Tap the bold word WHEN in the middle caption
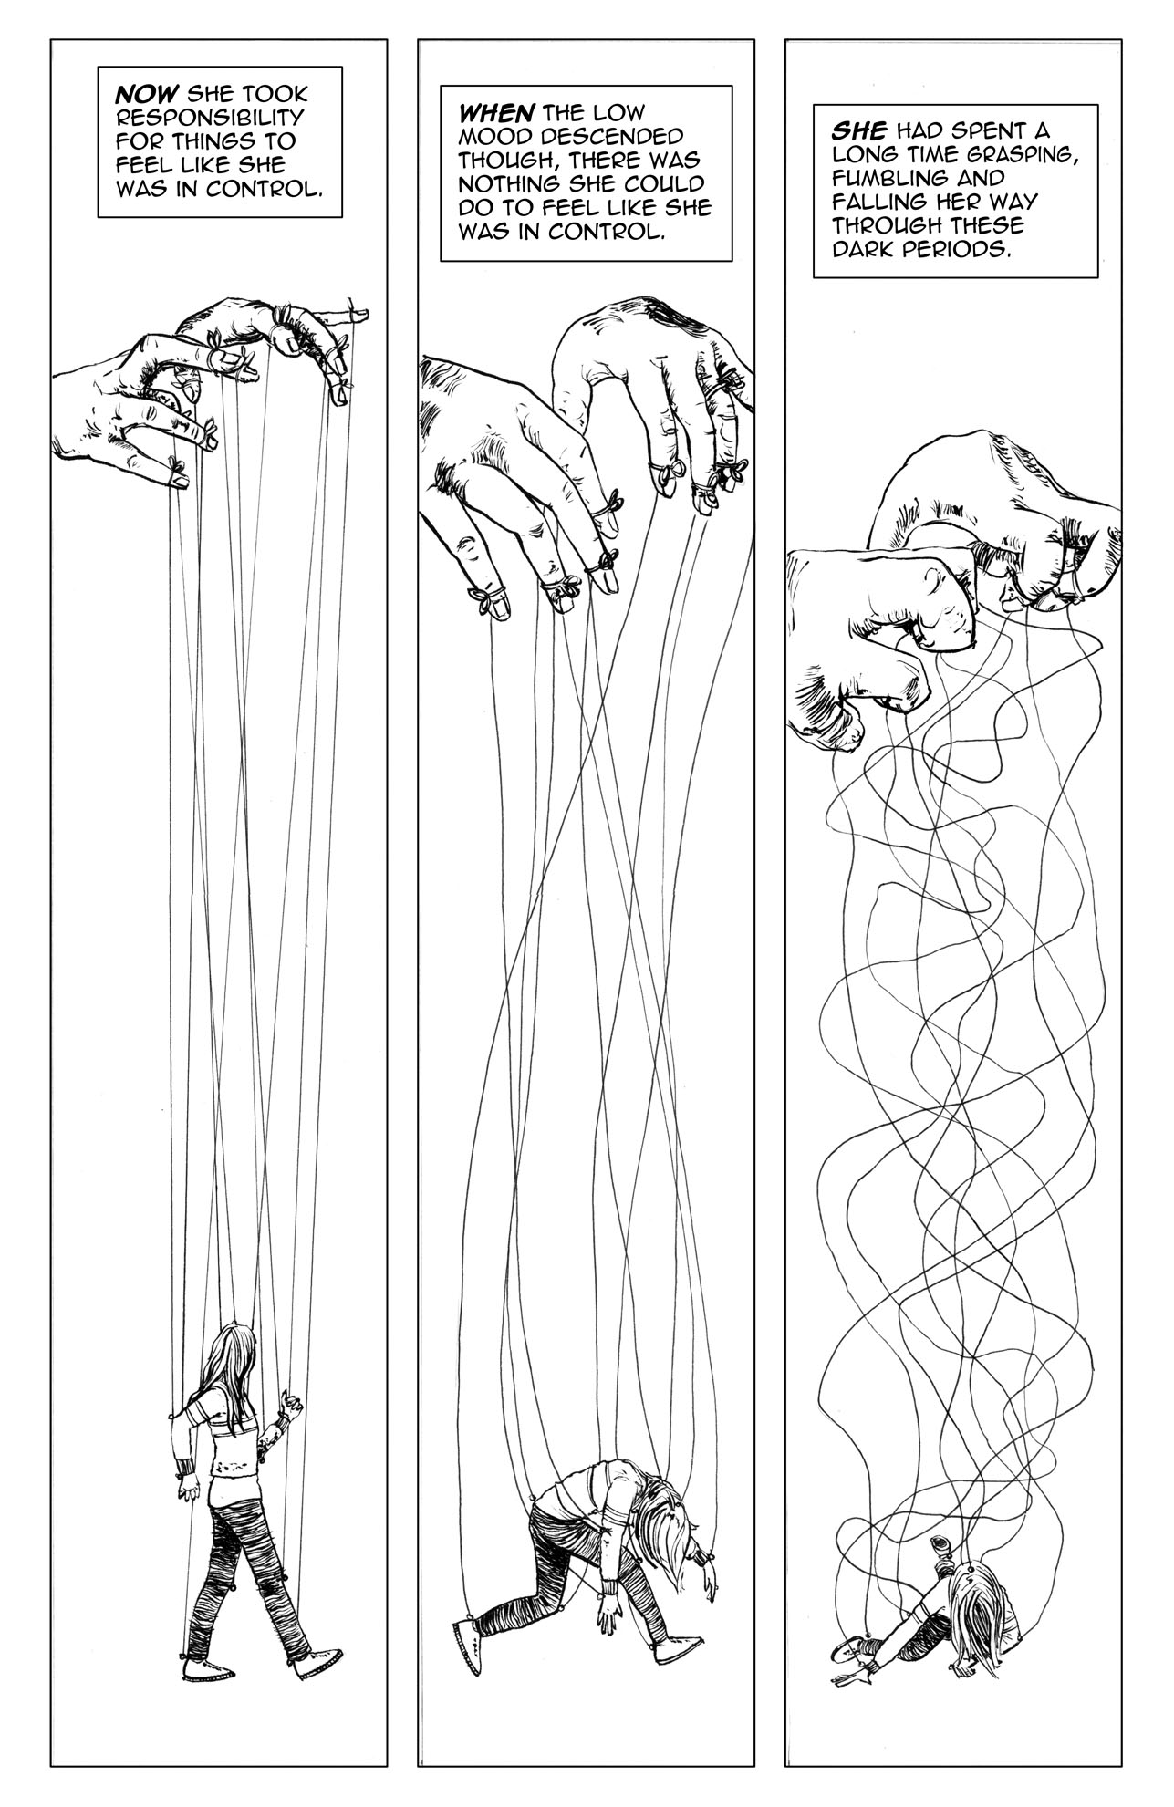pos(493,113)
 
